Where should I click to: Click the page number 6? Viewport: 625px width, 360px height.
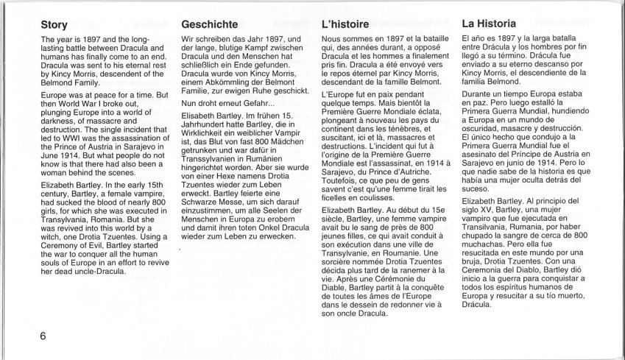click(44, 336)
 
